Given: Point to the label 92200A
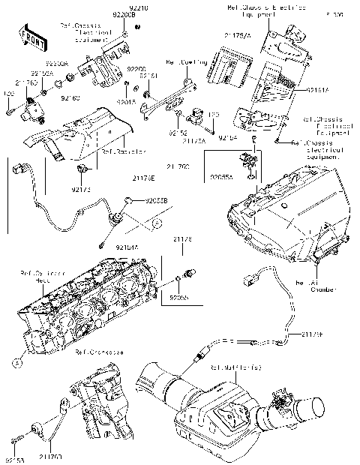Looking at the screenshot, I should pyautogui.click(x=57, y=64).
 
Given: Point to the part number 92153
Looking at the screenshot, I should pyautogui.click(x=15, y=457).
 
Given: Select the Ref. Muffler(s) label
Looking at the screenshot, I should pyautogui.click(x=235, y=367).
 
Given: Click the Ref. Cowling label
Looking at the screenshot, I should pyautogui.click(x=184, y=63).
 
